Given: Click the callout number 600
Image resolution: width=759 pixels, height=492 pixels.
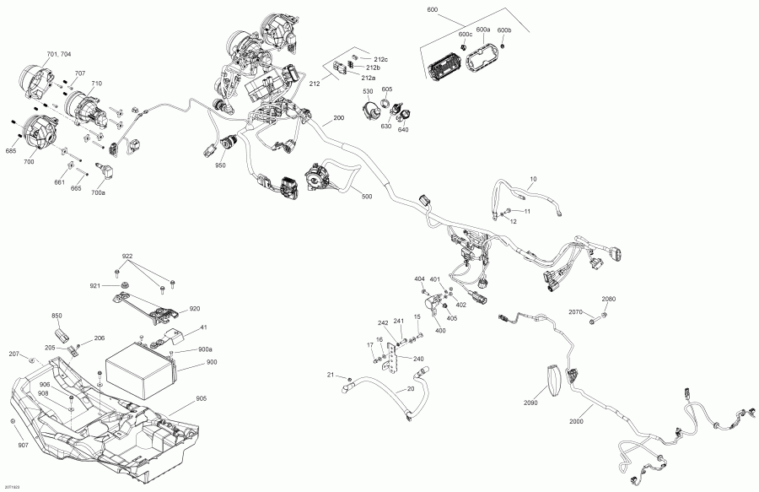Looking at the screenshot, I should [x=433, y=8].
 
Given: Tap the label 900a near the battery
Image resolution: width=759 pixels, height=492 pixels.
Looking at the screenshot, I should [x=205, y=349].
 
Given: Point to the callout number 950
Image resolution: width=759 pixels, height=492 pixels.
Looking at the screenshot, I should [x=220, y=165].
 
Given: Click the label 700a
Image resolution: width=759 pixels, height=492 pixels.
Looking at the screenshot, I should [x=99, y=193].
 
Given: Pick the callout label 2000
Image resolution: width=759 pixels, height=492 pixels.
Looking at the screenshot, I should [x=579, y=421].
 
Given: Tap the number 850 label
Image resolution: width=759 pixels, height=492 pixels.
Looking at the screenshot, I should [x=57, y=316].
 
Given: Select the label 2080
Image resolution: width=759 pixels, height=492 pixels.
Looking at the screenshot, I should [x=608, y=300].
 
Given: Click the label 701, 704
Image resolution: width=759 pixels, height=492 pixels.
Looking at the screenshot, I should [x=59, y=54].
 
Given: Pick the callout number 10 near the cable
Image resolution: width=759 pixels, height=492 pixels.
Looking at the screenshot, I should [x=533, y=179].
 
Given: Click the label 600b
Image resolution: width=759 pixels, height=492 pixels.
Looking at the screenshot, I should [x=504, y=30].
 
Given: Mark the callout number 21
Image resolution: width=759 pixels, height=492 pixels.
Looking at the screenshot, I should [x=331, y=374].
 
